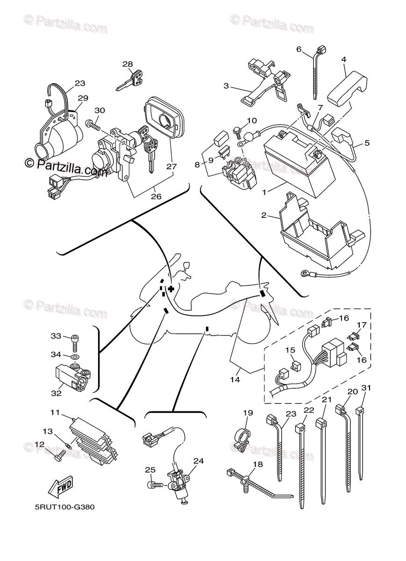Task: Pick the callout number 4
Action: [x=343, y=59]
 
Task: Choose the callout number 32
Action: [x=56, y=393]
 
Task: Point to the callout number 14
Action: [x=235, y=380]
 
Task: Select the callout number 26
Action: [x=156, y=196]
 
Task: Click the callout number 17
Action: [x=362, y=325]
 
